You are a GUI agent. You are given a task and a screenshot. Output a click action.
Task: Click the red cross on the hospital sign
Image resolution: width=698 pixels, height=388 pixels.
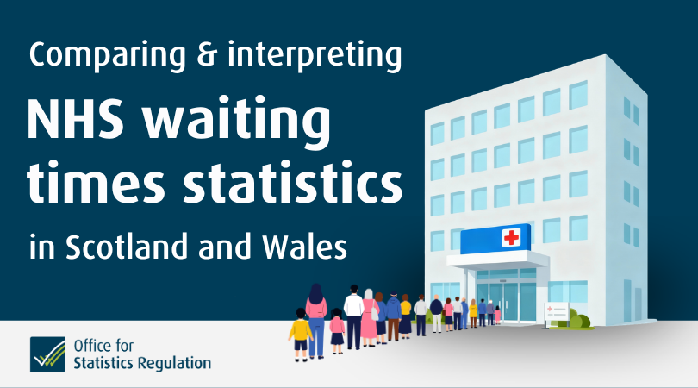[x=511, y=237]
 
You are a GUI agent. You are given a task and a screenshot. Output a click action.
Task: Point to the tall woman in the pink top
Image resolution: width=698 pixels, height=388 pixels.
[x=316, y=319]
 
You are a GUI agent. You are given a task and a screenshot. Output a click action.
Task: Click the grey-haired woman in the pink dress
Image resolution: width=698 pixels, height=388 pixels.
[x=369, y=317]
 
